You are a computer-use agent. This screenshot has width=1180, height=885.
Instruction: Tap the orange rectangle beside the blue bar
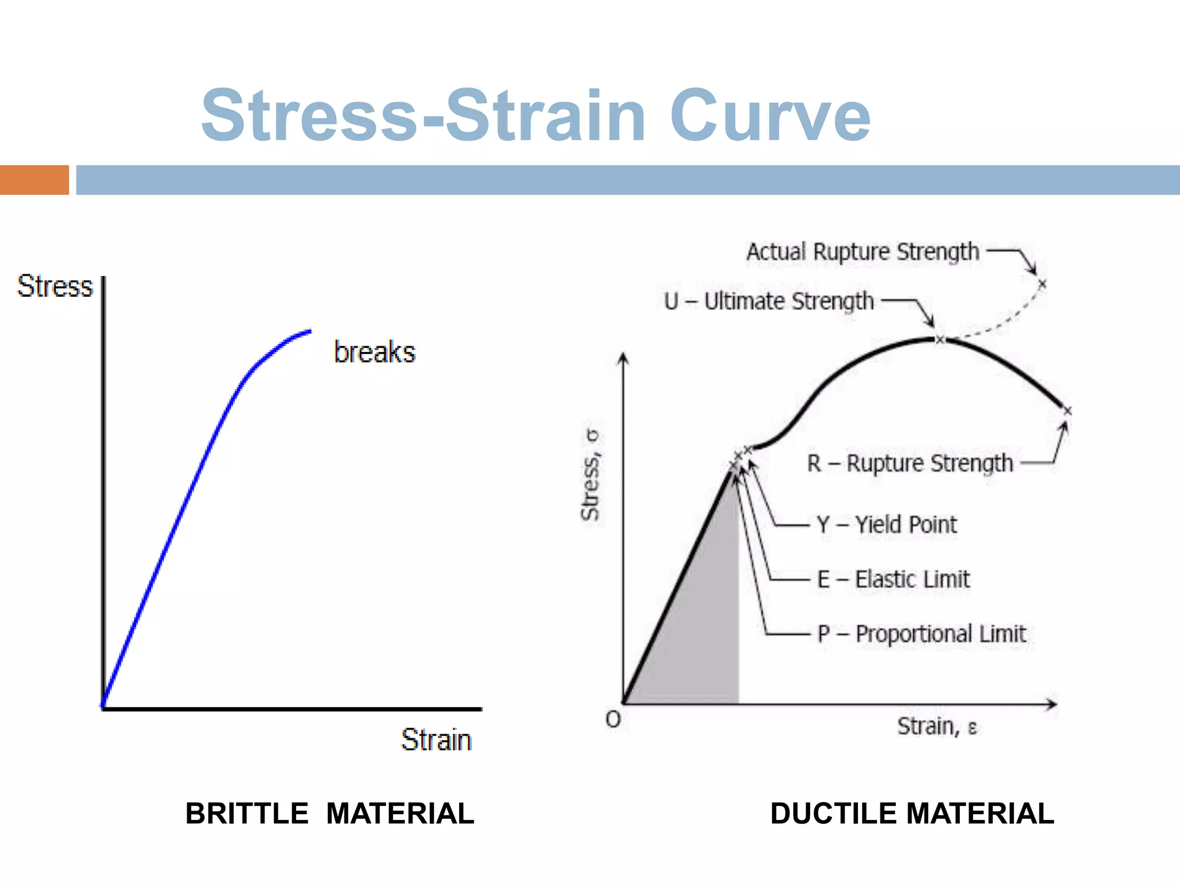pos(34,180)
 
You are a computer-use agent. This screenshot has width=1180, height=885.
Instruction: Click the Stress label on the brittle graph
pos(55,286)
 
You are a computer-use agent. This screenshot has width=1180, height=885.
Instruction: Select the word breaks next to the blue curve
pos(375,352)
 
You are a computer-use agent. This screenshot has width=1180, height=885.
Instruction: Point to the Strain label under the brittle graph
pos(436,740)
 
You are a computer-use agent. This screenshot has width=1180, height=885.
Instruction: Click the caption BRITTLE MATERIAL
pos(330,814)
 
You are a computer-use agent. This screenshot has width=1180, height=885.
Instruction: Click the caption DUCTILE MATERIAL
pos(912,814)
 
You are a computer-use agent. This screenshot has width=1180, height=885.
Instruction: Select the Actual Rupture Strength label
pos(863,252)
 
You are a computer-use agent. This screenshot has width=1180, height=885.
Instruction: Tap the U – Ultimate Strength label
pos(769,301)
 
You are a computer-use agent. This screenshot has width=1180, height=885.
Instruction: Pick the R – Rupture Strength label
pos(910,463)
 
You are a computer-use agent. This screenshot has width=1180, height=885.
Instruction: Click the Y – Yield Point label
pos(887,525)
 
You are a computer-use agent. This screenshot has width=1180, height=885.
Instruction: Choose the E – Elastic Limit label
pos(893,579)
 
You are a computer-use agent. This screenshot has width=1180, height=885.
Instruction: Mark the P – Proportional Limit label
pos(921,634)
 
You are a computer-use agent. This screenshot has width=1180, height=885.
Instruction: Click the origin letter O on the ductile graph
pos(613,720)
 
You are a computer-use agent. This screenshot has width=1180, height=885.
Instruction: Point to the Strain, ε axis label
pos(937,727)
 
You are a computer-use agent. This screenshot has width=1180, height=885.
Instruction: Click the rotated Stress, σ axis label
pos(591,475)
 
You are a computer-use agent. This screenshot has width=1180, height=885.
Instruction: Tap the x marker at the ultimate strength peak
pos(940,340)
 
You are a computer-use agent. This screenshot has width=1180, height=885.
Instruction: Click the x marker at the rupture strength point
pos(1067,411)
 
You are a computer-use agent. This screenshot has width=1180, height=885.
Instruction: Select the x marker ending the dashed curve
pos(1042,284)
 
